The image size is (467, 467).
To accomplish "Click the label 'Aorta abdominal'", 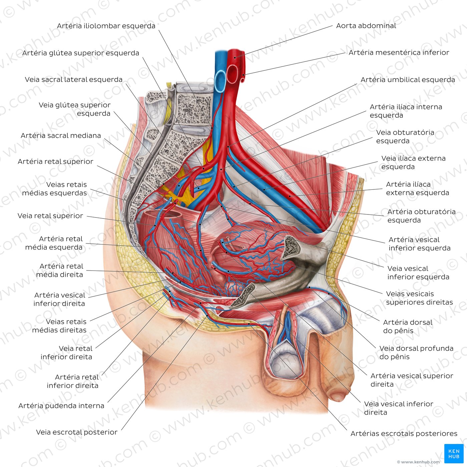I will point(366,26).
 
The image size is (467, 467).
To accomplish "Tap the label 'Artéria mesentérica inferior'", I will point(399,52).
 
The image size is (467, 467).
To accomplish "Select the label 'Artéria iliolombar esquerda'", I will point(106,26).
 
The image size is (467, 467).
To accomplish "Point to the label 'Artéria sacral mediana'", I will point(61,135).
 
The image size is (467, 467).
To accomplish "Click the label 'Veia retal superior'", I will point(50,216).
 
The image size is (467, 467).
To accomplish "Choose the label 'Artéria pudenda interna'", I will point(61,406).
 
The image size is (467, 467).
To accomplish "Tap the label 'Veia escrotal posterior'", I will point(77,432).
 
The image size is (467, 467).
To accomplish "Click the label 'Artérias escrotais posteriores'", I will point(404,433).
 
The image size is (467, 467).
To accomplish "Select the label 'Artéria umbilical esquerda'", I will point(408,80).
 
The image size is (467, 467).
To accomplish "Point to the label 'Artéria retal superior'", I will point(55,161).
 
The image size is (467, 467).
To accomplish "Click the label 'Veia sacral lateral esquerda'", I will point(74,80).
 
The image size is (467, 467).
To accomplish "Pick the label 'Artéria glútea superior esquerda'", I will point(81,53).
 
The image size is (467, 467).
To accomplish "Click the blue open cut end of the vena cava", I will point(220,81).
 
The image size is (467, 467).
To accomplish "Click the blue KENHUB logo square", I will point(454,453).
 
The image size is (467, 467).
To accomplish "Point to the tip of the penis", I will point(338,397).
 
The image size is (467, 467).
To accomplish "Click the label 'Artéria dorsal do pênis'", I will point(407,327).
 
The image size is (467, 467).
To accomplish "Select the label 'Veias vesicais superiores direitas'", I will point(419,298).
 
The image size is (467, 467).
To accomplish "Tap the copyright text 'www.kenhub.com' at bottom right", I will point(418,462).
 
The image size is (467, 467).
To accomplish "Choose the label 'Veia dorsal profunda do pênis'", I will point(416,353).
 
